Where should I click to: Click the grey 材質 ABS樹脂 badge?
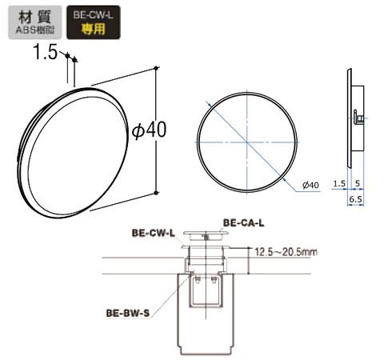click(35, 22)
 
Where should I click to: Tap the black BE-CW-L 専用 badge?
click(94, 22)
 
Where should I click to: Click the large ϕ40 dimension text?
click(150, 130)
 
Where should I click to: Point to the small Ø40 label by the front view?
click(310, 185)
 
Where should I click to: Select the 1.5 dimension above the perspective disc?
click(46, 52)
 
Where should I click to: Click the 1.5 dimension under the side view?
click(339, 183)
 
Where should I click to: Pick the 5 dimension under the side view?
click(358, 183)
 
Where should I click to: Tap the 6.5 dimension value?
click(356, 199)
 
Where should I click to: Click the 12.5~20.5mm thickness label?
click(286, 252)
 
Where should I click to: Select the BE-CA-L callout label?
click(243, 222)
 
